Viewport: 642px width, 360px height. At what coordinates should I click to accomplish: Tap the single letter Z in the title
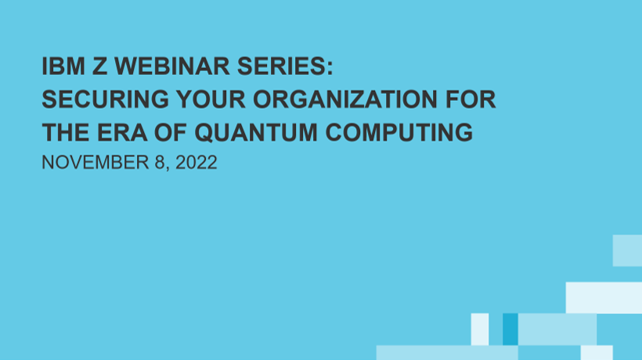(x=100, y=67)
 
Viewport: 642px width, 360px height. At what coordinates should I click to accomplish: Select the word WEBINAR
(x=172, y=67)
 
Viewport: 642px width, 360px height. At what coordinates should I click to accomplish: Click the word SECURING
(x=105, y=99)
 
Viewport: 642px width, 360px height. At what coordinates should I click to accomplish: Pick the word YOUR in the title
(x=211, y=99)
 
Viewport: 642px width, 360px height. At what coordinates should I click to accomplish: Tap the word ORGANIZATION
(x=345, y=99)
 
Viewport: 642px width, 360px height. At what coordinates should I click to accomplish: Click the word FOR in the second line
(x=471, y=99)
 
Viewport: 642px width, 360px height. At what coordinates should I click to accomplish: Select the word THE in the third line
(x=66, y=132)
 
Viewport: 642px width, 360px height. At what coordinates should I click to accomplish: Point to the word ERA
(x=122, y=132)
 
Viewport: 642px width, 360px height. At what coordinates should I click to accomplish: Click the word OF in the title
(x=171, y=132)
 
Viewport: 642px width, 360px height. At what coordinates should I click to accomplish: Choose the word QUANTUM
(x=255, y=133)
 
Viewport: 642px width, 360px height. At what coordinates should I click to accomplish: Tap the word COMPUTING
(x=399, y=132)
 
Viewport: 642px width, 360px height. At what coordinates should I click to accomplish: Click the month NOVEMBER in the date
(x=96, y=163)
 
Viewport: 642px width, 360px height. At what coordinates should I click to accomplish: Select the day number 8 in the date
(x=160, y=163)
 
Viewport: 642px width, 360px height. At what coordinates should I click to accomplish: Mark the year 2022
(x=196, y=163)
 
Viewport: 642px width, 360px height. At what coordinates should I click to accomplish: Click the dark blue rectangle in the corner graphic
(x=510, y=329)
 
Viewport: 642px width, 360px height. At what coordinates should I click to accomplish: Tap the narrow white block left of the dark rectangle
(x=480, y=329)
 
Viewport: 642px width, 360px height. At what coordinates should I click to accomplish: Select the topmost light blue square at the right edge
(x=627, y=250)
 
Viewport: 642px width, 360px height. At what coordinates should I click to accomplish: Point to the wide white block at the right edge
(x=604, y=298)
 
